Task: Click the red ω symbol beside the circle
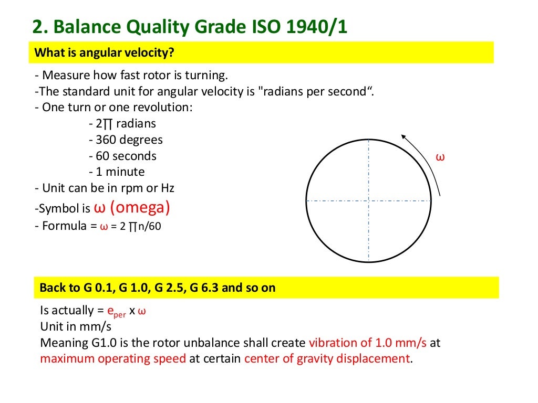441,157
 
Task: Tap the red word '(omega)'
140,207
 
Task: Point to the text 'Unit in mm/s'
76,326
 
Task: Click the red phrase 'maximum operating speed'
113,359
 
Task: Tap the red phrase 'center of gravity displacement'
326,359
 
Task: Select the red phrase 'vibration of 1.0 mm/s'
368,343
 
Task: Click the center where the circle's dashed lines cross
369,200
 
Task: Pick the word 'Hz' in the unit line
168,187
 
